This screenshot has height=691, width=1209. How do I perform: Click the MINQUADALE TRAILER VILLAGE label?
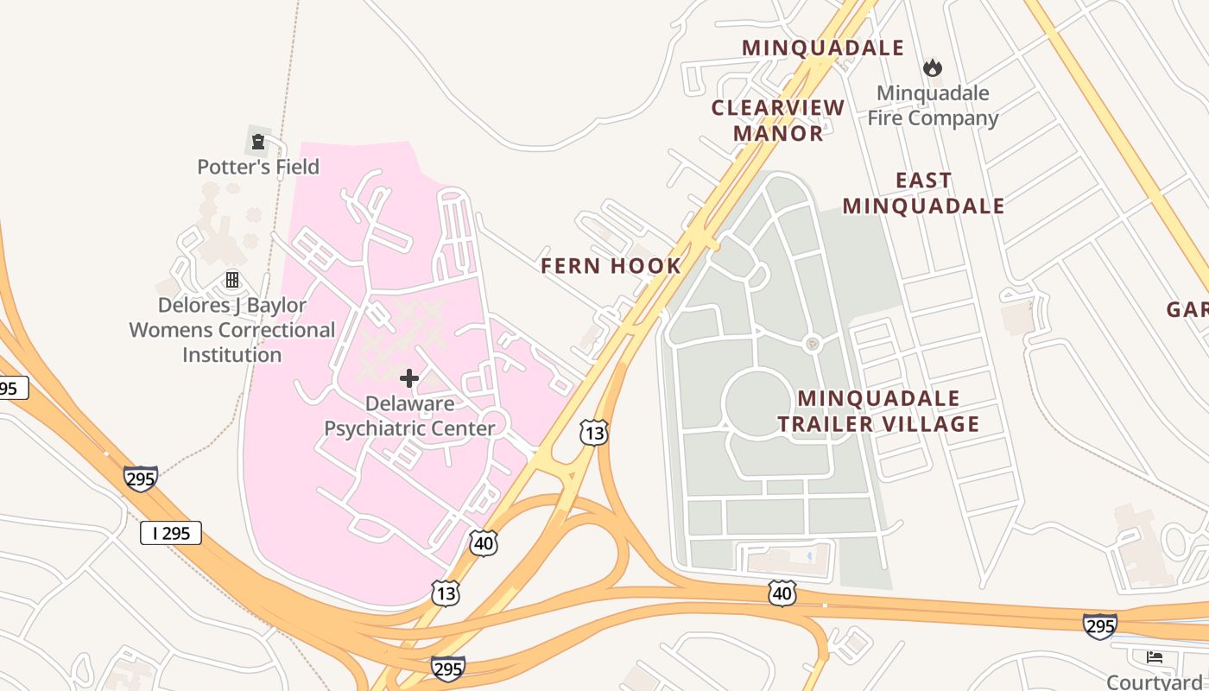tap(878, 411)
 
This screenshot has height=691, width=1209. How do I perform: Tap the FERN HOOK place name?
tap(611, 266)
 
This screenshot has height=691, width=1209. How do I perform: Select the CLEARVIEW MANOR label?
tap(778, 120)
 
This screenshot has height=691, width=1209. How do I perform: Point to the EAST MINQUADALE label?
tap(923, 193)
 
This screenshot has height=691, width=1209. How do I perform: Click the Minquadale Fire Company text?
tap(933, 105)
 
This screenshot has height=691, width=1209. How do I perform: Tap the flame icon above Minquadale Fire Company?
tap(932, 67)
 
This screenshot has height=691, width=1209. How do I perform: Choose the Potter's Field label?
tap(258, 167)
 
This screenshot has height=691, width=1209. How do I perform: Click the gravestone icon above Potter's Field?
tap(257, 141)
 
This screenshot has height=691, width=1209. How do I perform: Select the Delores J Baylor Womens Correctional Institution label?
tap(232, 330)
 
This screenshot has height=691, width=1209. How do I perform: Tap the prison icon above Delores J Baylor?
tap(232, 279)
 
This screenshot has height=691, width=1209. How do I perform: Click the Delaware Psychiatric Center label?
tap(409, 415)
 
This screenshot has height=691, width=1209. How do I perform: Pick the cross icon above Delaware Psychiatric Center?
tap(409, 377)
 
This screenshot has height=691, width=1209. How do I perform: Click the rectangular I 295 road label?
tap(171, 533)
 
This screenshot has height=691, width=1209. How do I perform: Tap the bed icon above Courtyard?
tap(1155, 657)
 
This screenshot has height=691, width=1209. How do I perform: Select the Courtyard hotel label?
tap(1157, 681)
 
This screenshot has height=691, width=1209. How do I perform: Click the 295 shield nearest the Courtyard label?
tap(1099, 625)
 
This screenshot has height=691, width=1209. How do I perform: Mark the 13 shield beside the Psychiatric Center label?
tap(594, 432)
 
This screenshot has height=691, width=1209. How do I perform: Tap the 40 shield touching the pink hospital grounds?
tap(484, 543)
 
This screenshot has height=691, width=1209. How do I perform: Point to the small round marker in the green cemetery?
tap(812, 344)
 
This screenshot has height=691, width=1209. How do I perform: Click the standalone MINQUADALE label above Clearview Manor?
tap(823, 48)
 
